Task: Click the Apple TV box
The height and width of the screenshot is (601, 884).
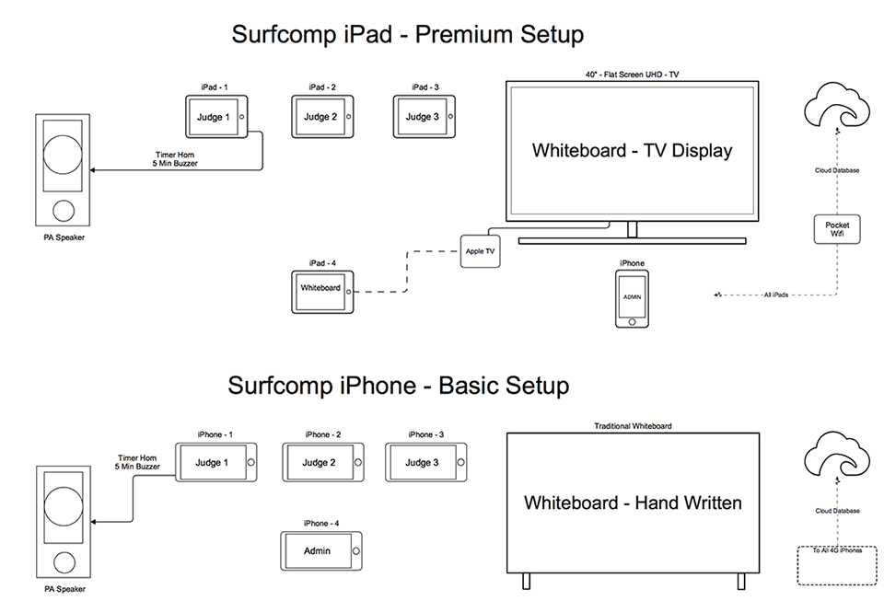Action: tap(481, 251)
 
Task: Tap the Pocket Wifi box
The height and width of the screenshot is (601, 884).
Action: tap(837, 229)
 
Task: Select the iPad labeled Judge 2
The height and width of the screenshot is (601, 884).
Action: tap(322, 117)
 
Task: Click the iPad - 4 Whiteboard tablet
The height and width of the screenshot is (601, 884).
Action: tap(322, 292)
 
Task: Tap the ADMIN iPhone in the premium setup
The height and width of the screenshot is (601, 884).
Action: tap(632, 298)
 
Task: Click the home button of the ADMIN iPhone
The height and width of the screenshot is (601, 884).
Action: tap(632, 321)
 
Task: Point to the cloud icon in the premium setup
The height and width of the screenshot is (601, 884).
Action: tap(837, 106)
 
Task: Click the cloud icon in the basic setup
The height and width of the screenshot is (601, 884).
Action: tap(837, 455)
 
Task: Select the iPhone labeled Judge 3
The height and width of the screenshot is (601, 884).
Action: tap(426, 462)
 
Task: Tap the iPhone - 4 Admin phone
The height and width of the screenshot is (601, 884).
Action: tap(321, 551)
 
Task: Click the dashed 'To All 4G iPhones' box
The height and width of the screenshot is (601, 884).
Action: tap(837, 565)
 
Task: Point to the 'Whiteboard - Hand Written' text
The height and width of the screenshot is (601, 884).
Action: tap(633, 503)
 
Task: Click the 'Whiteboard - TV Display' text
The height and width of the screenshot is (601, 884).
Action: tap(632, 150)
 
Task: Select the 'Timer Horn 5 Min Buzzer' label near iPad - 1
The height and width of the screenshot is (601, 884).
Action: tap(175, 159)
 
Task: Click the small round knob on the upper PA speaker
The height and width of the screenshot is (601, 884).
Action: tap(64, 211)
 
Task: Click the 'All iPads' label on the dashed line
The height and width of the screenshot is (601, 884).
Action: tap(775, 295)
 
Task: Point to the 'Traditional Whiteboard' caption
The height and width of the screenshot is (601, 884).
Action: tap(633, 426)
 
